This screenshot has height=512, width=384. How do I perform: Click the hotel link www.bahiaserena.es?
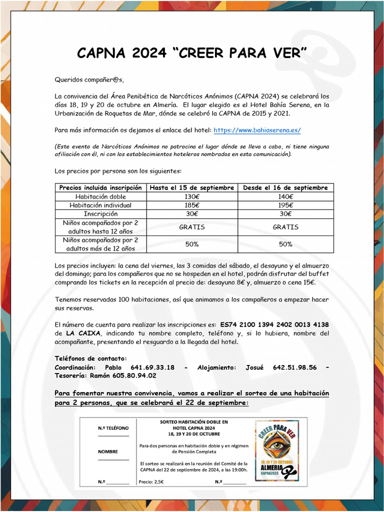click(257, 130)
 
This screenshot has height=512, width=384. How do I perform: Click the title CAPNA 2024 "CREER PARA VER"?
click(192, 53)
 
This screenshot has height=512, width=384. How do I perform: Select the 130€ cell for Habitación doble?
click(191, 196)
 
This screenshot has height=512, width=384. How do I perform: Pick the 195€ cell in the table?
click(285, 205)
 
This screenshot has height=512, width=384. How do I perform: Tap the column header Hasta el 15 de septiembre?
click(191, 187)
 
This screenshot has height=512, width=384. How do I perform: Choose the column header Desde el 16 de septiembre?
click(285, 187)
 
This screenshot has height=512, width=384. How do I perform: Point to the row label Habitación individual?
click(100, 205)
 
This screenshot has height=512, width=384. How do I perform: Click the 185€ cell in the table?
click(191, 205)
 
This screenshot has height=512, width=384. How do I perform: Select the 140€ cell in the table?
click(285, 196)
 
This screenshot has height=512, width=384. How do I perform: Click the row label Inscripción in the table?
click(100, 213)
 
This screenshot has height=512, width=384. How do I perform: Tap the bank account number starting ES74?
click(274, 324)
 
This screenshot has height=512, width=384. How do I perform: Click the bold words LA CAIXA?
click(83, 333)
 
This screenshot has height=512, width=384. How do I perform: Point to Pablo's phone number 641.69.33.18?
click(149, 367)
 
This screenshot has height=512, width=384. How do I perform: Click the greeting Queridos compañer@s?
click(89, 79)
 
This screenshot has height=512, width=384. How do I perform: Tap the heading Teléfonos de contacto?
click(90, 358)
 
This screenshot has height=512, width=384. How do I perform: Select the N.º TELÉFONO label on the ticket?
click(113, 428)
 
